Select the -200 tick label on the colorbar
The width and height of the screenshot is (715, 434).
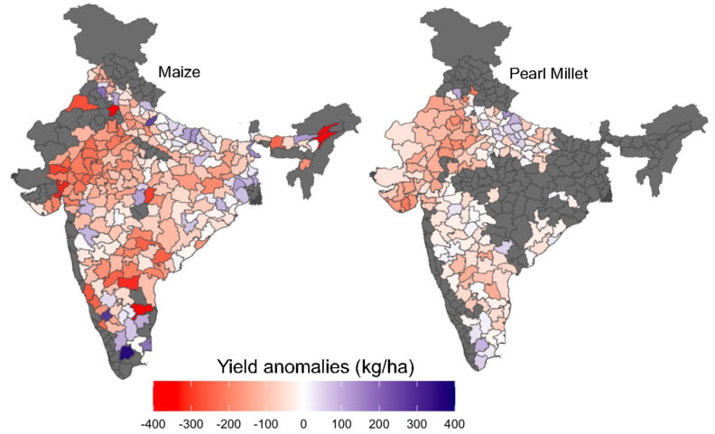click(227, 422)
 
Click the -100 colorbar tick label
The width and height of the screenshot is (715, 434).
click(265, 422)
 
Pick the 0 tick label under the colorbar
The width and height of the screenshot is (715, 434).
click(303, 422)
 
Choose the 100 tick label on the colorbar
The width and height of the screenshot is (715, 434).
click(341, 422)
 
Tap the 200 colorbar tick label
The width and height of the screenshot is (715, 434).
click(379, 422)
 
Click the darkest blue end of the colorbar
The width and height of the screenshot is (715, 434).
click(449, 395)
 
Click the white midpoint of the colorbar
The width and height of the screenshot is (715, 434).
click(303, 395)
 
